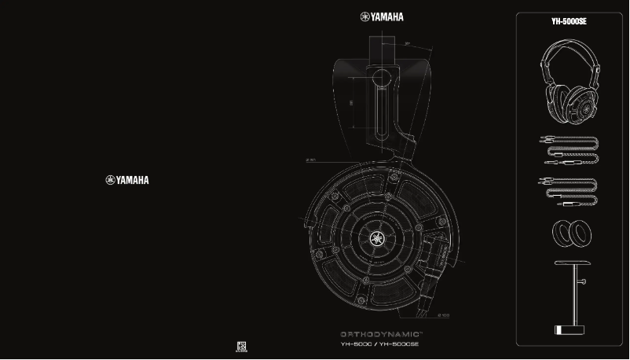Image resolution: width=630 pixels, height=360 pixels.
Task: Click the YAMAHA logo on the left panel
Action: (126, 180)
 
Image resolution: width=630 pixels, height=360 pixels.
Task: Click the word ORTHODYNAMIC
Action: (378, 333)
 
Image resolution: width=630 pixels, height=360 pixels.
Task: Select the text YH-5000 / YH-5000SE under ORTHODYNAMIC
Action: (379, 344)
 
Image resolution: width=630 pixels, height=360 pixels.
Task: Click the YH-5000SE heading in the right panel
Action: (569, 23)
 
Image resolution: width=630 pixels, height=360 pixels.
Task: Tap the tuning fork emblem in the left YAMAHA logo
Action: (110, 180)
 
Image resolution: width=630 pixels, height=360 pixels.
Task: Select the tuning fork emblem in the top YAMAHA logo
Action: (365, 17)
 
